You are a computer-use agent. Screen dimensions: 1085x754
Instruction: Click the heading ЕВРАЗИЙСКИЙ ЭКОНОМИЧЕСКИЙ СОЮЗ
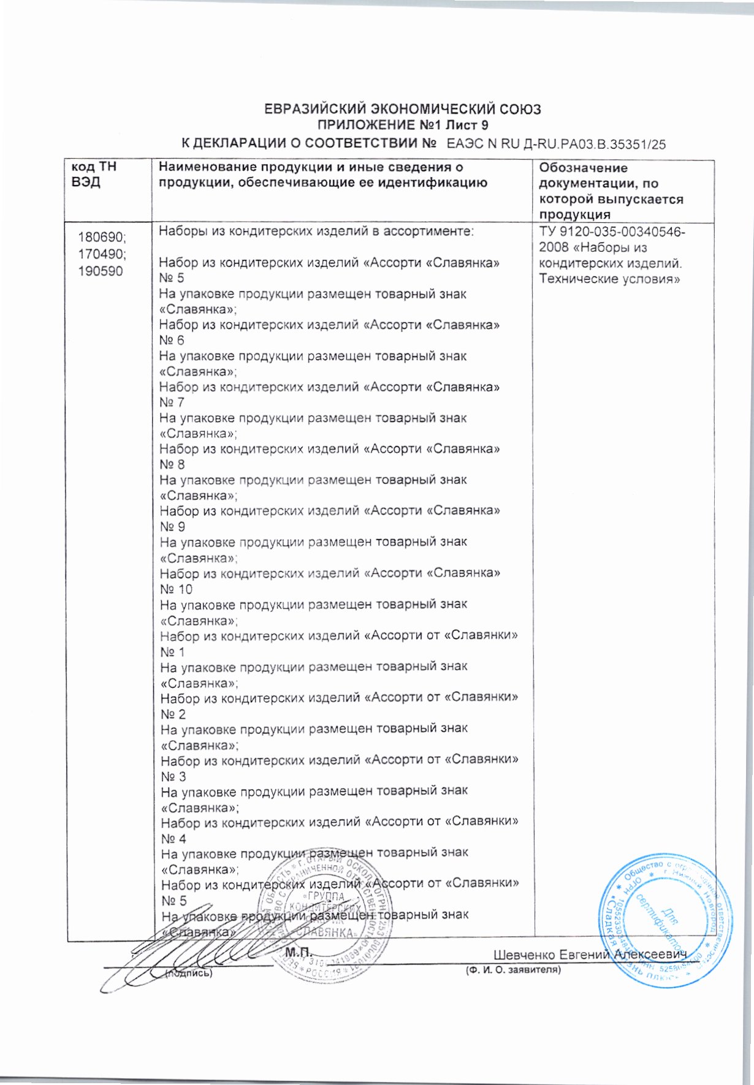point(402,110)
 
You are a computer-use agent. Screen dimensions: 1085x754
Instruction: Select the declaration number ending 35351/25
point(556,145)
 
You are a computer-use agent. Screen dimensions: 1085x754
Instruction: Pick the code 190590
point(101,270)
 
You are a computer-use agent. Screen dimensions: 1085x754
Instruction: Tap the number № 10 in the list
point(176,589)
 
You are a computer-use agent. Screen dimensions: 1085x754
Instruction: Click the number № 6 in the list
point(172,341)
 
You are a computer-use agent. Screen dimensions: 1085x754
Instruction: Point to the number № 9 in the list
point(172,527)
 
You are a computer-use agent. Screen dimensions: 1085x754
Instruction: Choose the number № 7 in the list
point(172,403)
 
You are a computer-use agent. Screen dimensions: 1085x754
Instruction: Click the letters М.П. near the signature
point(299,952)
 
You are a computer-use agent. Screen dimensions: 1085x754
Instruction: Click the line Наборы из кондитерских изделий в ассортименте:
point(316,232)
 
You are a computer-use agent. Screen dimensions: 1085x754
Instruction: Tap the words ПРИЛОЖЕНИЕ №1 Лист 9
point(402,126)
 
